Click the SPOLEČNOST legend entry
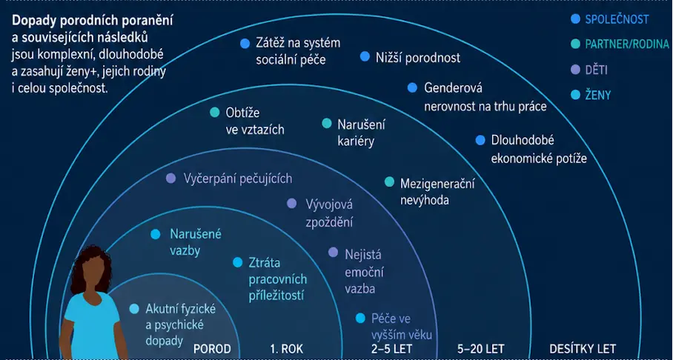click(x=617, y=19)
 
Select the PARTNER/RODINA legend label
click(x=627, y=44)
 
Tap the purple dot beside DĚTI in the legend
click(x=576, y=70)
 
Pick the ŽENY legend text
click(x=598, y=96)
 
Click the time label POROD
click(x=212, y=349)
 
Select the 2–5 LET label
click(x=391, y=349)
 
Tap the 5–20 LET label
click(x=481, y=349)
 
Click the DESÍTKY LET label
click(x=583, y=349)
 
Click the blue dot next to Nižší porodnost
click(x=365, y=56)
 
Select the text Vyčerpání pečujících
click(x=238, y=179)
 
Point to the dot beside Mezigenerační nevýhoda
click(x=389, y=182)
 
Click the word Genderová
click(x=454, y=88)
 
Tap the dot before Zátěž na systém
click(x=245, y=43)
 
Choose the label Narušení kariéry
click(x=361, y=133)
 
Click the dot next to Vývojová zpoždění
click(x=292, y=204)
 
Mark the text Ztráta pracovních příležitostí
click(x=278, y=279)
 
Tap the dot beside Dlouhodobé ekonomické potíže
click(x=480, y=140)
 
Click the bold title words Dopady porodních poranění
click(x=93, y=21)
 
